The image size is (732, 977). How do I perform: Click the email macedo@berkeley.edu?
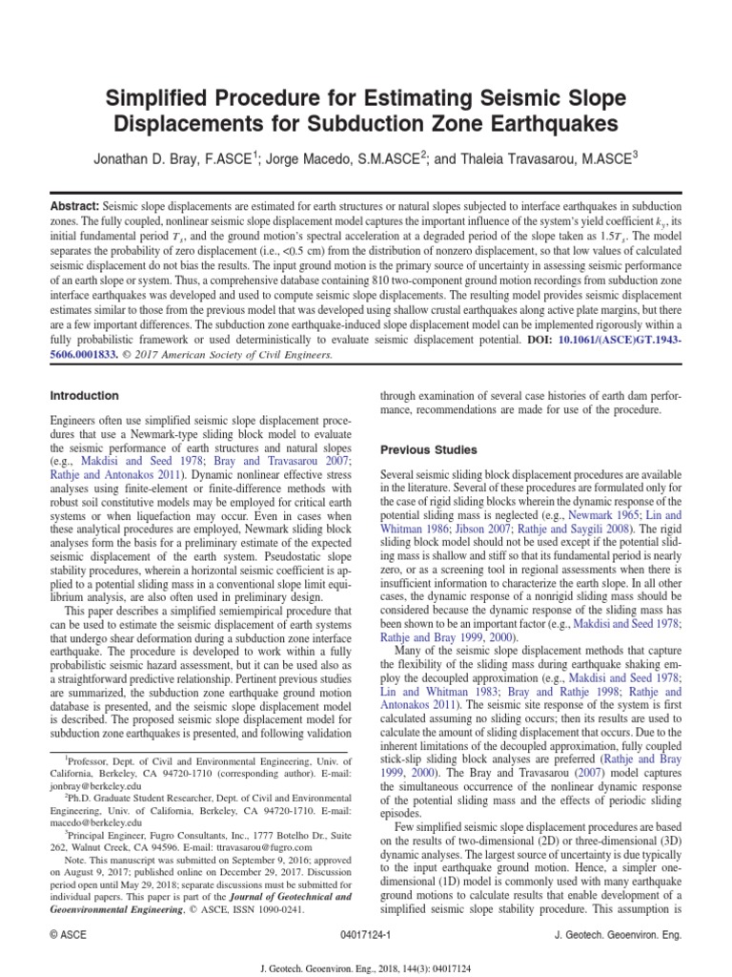click(x=90, y=821)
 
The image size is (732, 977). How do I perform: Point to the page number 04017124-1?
click(x=366, y=936)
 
